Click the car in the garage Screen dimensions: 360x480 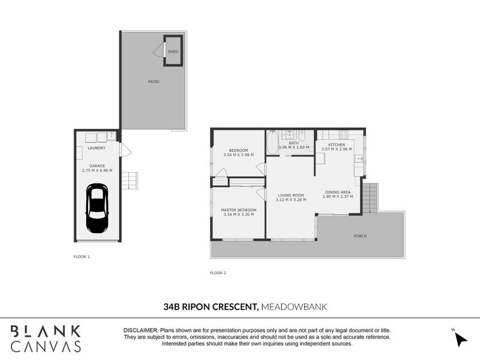(97, 208)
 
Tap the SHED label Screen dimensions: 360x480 (173, 52)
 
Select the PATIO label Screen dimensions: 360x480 (154, 82)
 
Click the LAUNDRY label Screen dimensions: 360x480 (97, 148)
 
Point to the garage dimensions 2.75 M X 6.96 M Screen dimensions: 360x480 (97, 170)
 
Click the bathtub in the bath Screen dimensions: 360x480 (272, 143)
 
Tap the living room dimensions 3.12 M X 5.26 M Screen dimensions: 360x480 (291, 199)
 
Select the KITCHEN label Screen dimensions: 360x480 (337, 145)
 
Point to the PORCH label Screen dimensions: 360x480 (360, 236)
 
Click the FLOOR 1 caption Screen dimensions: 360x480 (80, 256)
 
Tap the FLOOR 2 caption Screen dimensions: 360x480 (218, 272)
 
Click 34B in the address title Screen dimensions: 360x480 (172, 307)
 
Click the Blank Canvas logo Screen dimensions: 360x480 (46, 338)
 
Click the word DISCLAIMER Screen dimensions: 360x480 (140, 331)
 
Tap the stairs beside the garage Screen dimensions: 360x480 (130, 181)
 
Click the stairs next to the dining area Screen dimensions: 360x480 (371, 197)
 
